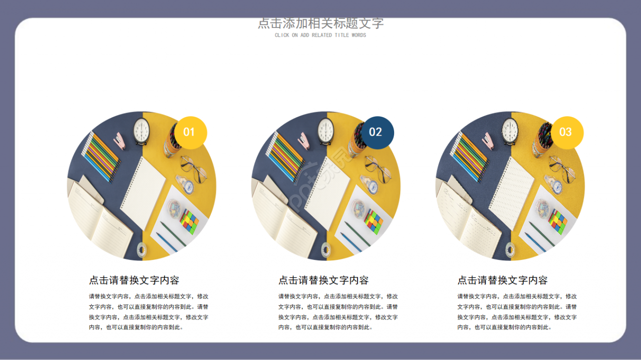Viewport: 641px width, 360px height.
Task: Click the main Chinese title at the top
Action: [x=320, y=24]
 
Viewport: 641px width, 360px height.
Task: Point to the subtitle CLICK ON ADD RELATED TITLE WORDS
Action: [x=320, y=36]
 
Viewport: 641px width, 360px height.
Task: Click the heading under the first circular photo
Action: [x=134, y=280]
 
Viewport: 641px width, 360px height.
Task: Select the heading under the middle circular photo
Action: [x=324, y=280]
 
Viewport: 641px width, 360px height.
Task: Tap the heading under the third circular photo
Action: [x=502, y=280]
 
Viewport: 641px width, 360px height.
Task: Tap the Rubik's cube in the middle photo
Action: [x=374, y=221]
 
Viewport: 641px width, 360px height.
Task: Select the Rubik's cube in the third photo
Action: [x=558, y=221]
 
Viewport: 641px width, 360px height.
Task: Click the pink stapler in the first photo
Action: [x=119, y=141]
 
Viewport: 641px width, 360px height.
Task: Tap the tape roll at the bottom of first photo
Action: [x=142, y=249]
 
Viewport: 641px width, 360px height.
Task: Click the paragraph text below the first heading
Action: [x=149, y=312]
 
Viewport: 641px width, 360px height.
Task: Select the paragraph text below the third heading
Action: [x=517, y=312]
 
